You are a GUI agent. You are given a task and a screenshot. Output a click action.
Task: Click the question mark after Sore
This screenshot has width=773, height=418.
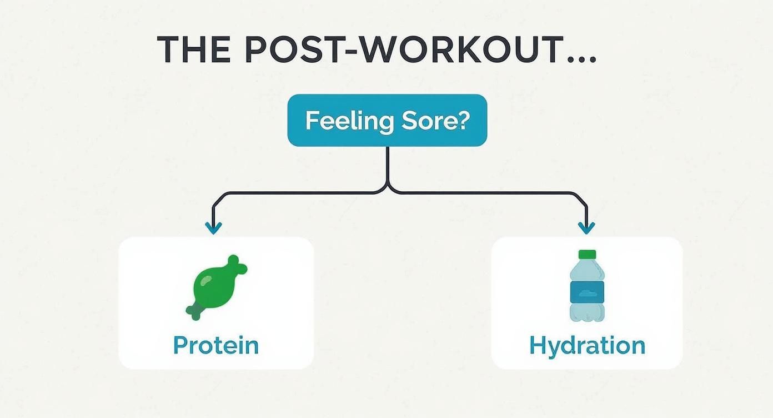click(462, 120)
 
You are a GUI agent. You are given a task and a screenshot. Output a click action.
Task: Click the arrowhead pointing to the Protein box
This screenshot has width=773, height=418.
click(213, 227)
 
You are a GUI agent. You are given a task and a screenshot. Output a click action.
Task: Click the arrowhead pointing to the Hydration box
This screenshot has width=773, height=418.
click(586, 227)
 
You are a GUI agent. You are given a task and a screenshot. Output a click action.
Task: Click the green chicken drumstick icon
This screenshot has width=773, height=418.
click(215, 286)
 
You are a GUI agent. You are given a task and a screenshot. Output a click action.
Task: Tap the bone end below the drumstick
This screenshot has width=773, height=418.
click(195, 312)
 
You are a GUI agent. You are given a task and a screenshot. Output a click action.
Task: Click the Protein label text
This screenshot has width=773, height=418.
click(216, 345)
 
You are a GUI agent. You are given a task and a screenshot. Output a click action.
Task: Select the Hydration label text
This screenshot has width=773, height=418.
click(587, 345)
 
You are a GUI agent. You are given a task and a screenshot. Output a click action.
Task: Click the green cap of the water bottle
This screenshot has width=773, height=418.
click(587, 255)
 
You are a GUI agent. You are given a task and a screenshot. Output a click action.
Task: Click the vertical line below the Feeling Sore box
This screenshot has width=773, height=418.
click(387, 164)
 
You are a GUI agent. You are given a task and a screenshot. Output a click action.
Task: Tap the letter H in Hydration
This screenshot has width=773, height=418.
click(538, 345)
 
